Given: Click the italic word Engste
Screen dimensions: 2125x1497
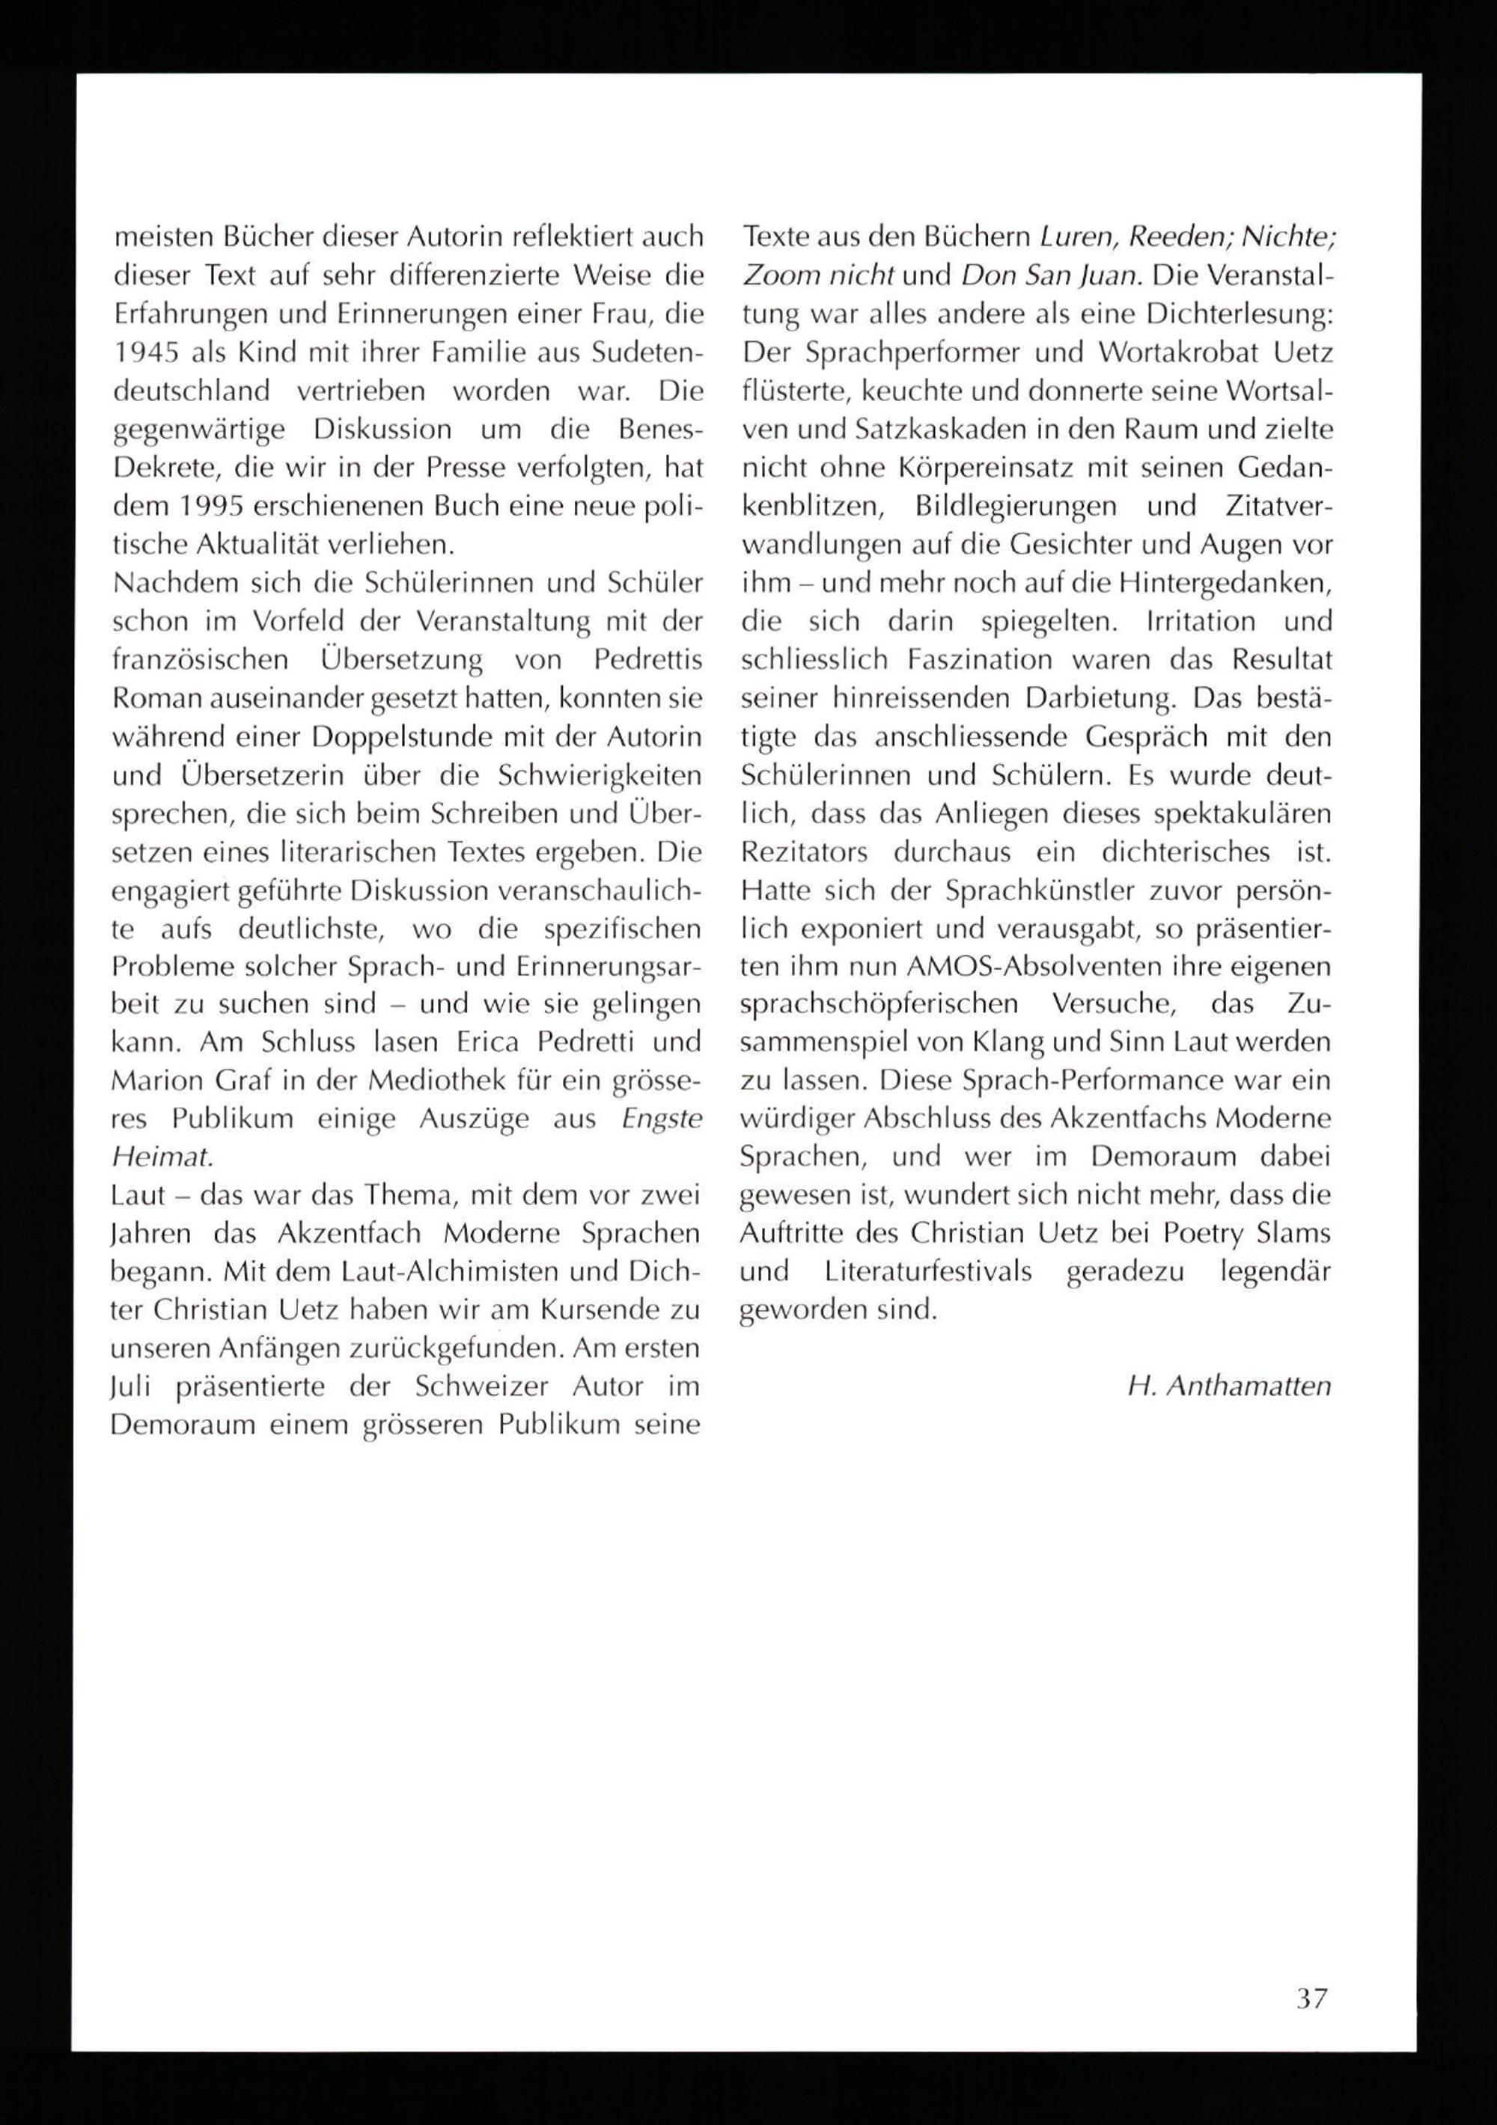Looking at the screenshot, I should click(662, 1119).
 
